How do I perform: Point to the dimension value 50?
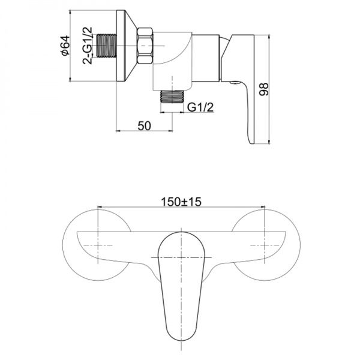click(x=143, y=125)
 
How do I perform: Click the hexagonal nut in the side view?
click(x=148, y=47)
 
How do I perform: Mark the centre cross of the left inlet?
click(x=96, y=245)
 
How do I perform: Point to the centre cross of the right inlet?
click(x=265, y=245)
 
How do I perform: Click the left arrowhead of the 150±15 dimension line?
click(x=99, y=209)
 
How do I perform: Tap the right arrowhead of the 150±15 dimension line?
click(x=262, y=209)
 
